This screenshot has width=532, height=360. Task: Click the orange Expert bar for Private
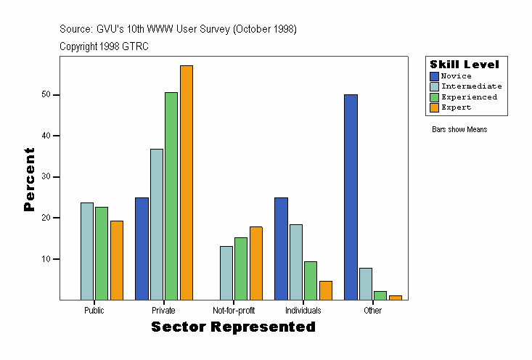187,182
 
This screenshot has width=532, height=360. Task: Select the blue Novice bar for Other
351,197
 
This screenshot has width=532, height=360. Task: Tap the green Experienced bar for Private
171,196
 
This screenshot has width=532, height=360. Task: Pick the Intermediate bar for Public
87,251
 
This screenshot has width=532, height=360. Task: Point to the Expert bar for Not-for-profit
256,263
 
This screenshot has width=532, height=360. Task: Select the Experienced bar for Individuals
311,280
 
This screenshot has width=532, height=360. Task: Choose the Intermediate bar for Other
366,284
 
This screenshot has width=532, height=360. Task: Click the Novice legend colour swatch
435,76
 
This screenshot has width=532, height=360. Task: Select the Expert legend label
456,107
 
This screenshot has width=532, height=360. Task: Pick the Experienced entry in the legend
469,97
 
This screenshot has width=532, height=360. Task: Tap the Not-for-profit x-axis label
234,311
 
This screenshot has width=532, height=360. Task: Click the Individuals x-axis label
303,311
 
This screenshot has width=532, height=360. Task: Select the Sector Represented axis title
233,327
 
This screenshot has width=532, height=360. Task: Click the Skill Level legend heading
465,65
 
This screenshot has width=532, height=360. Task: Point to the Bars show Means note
459,130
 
